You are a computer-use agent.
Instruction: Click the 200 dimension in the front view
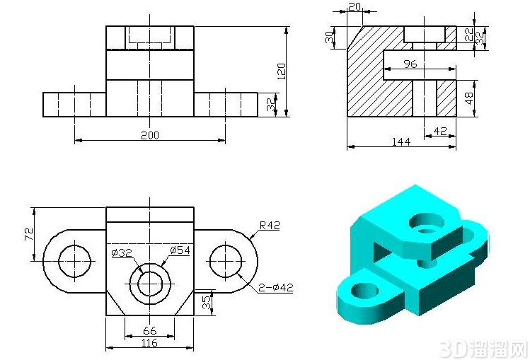150,135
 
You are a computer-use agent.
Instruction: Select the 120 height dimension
281,71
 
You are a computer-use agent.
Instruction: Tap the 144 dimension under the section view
401,142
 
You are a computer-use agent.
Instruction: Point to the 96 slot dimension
410,64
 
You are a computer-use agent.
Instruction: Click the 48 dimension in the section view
469,98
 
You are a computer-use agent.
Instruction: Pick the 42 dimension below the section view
440,131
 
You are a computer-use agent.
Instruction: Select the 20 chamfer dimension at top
355,7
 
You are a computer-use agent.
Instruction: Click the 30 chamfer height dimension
329,37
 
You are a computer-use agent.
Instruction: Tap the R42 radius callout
270,225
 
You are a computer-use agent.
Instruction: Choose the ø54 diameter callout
180,250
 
